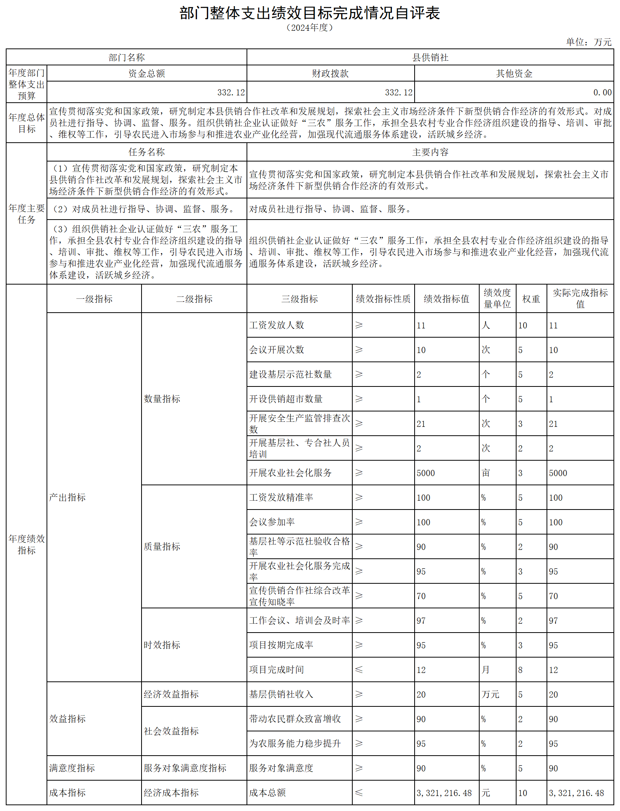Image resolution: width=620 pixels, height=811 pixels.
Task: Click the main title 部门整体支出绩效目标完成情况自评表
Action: tap(310, 13)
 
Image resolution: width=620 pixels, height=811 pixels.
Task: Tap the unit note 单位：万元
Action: tap(588, 42)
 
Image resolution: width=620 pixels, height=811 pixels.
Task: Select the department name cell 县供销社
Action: tap(430, 57)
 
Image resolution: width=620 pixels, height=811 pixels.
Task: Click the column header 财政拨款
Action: tap(330, 73)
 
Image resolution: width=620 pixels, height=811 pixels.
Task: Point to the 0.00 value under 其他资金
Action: tap(602, 92)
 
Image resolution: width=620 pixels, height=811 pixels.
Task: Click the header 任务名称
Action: tap(147, 152)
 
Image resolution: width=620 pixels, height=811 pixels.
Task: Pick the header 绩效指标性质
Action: tap(383, 299)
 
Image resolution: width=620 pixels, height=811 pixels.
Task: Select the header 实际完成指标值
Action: tap(580, 298)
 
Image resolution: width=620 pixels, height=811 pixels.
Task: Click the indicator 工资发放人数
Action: tap(277, 325)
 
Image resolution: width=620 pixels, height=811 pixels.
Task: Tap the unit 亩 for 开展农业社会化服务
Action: tap(486, 473)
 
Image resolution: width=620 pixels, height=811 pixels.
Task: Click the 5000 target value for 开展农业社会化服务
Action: tap(425, 473)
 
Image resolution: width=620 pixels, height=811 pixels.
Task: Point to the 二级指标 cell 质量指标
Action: tap(162, 546)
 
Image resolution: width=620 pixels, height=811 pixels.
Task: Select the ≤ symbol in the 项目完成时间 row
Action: tap(359, 669)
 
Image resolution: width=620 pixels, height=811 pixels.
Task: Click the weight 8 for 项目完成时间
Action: tap(520, 670)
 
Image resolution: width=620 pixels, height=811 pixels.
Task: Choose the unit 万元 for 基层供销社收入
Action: tap(490, 694)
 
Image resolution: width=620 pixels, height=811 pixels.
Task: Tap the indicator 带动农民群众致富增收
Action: tap(295, 719)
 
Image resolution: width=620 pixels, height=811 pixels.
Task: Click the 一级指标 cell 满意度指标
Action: tap(72, 768)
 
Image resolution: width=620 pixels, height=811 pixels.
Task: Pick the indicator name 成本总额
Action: tap(267, 793)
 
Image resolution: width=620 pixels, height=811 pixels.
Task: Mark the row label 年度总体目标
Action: tap(27, 123)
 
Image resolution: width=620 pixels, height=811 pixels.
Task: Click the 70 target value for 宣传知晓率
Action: tap(421, 596)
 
